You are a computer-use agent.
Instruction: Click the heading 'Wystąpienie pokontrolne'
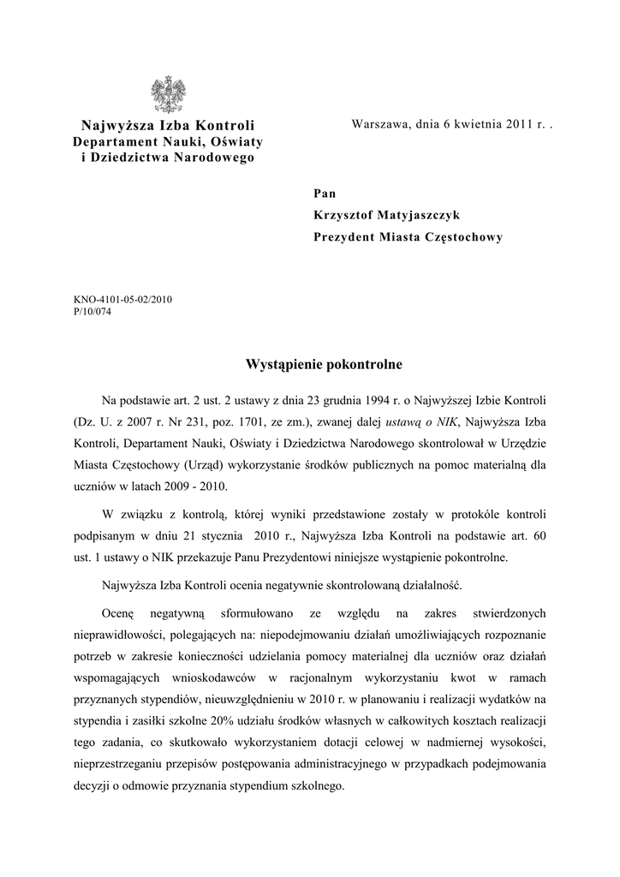(x=324, y=365)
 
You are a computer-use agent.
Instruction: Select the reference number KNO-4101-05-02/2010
(x=123, y=300)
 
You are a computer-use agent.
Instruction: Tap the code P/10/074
(x=92, y=312)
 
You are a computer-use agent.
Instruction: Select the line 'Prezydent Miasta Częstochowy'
(x=408, y=237)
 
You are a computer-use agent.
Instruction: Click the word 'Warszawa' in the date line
(x=379, y=125)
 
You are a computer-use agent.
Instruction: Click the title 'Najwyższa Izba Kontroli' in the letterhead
(x=168, y=126)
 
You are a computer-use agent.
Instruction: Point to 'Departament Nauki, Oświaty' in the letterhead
(x=168, y=141)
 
